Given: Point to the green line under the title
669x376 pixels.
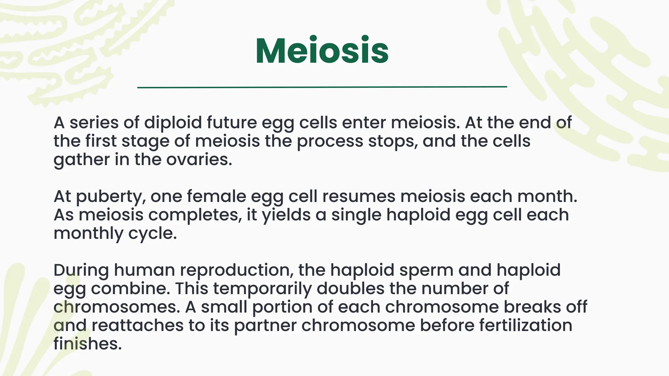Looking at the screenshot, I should coord(322,87).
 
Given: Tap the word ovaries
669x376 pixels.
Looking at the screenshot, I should coord(199,160).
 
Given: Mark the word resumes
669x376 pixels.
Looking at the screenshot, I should coord(358,196).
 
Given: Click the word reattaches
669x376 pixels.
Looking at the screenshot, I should coord(137,325).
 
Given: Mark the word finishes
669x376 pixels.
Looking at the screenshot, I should coord(88,344).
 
